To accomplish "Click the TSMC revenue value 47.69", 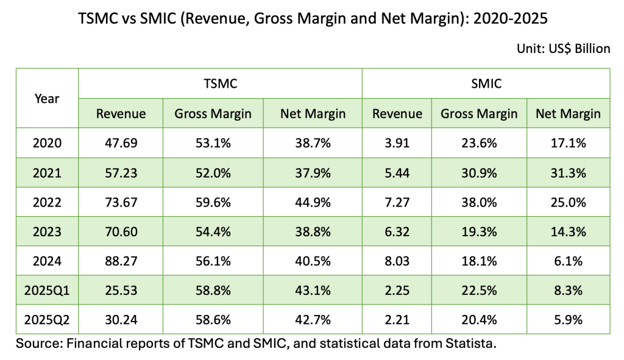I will [121, 144].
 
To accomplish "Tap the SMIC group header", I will [486, 83].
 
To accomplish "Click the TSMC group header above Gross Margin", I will [220, 83].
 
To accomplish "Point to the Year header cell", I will [47, 98].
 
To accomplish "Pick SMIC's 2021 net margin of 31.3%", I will [568, 173].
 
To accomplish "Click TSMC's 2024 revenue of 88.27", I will [121, 261].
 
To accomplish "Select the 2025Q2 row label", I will [47, 319].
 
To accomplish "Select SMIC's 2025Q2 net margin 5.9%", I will [568, 319].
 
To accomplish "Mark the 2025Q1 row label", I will [47, 290].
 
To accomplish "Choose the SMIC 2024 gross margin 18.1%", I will [478, 261].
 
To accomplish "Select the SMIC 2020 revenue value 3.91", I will [397, 144].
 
